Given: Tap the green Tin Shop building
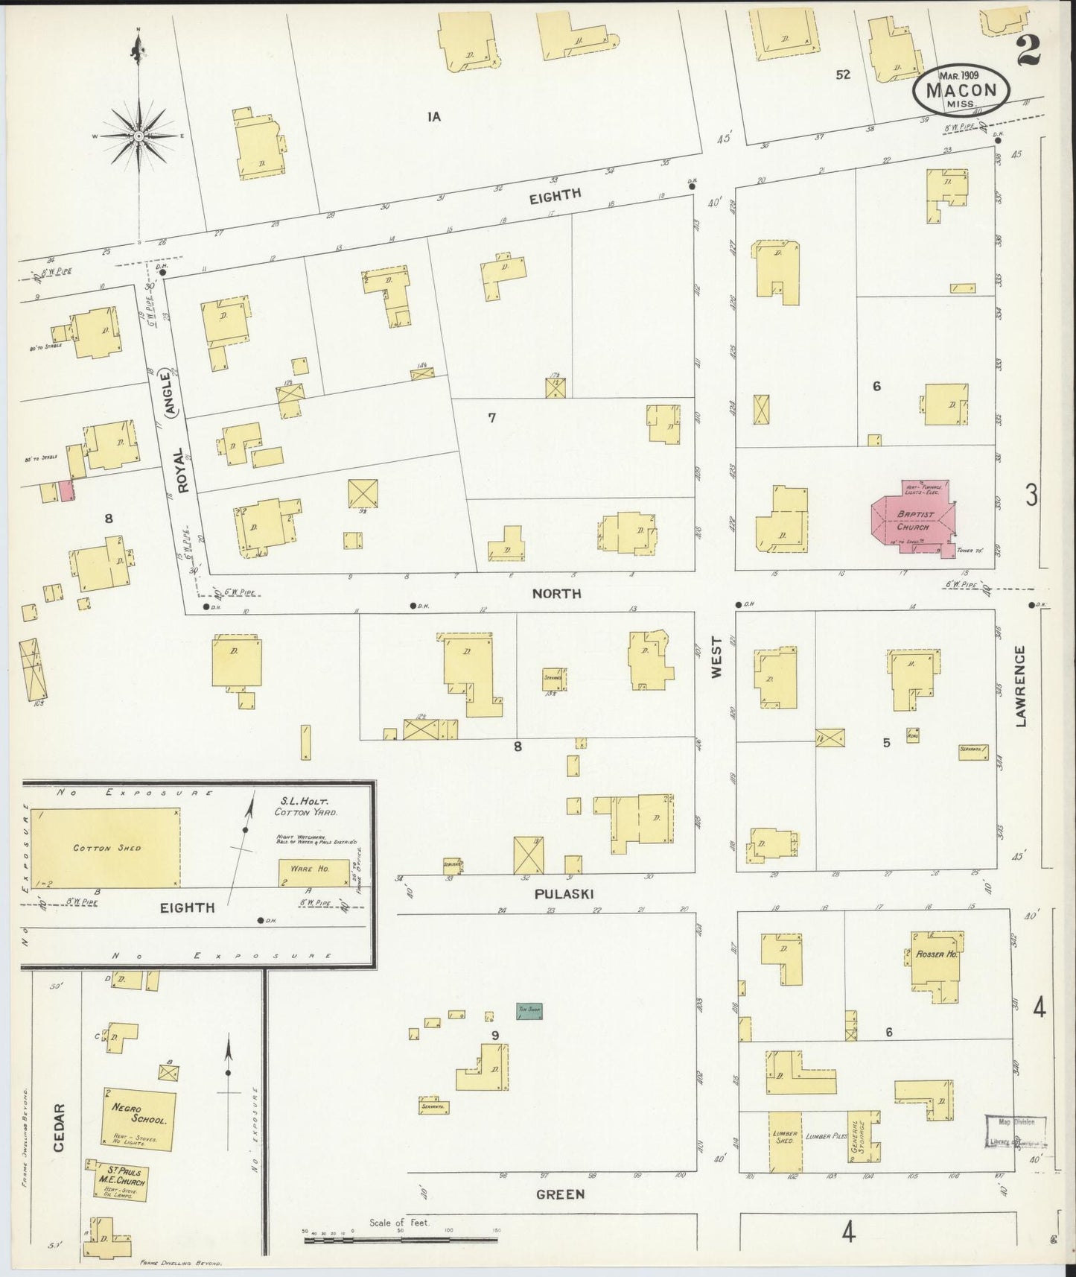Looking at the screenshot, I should click(x=529, y=1011).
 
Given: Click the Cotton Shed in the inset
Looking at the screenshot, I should click(x=106, y=848).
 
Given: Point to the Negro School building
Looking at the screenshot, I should click(x=139, y=1119).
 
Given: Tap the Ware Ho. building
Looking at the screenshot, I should click(x=313, y=872).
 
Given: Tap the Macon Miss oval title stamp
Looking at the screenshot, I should click(x=961, y=89).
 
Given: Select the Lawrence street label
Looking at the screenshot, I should click(x=1020, y=686).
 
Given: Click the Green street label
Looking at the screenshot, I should click(x=560, y=1194).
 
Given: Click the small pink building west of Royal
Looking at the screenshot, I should click(x=66, y=491).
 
